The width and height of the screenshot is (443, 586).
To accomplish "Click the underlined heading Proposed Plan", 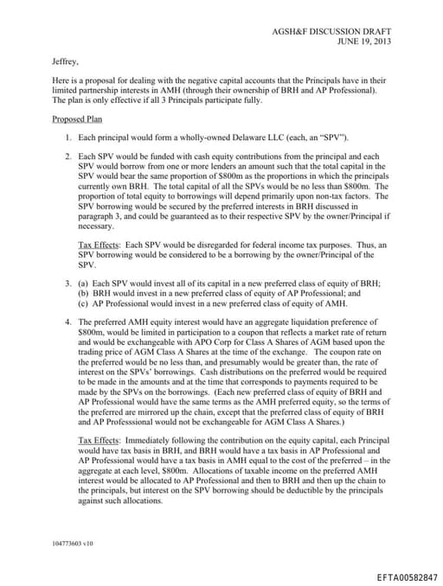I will click(77, 118).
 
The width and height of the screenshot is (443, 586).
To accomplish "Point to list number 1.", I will click(68, 137).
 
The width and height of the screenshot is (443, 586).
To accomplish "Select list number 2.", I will click(68, 156).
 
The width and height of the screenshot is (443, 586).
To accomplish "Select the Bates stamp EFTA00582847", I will click(408, 576).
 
